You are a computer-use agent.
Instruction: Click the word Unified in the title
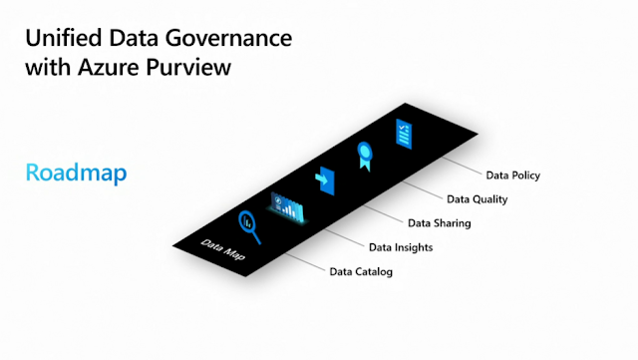64,38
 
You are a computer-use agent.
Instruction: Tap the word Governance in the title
228,38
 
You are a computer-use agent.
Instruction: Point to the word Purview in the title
188,68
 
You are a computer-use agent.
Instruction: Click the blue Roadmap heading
76,173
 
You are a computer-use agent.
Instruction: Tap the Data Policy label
513,176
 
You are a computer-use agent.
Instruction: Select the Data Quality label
477,199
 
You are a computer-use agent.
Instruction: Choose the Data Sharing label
440,223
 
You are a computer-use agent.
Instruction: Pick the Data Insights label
401,247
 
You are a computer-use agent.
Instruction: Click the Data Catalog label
361,271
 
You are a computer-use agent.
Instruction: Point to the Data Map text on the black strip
223,249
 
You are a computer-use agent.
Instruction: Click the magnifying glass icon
249,226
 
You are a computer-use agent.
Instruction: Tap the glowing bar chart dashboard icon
287,207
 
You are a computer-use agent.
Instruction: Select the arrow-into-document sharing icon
325,180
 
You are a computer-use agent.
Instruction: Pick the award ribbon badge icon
365,156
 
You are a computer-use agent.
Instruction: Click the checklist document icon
404,134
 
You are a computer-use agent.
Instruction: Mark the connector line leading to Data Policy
462,166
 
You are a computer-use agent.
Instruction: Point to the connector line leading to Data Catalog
305,262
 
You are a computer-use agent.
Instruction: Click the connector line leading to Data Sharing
383,213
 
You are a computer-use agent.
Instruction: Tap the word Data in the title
133,38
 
